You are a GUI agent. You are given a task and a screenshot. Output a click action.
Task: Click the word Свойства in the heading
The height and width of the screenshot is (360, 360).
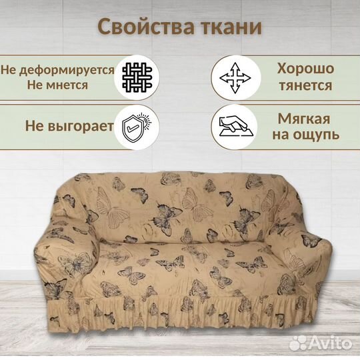point(137,27)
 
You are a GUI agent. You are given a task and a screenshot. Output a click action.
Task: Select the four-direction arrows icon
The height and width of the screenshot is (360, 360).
point(234,79)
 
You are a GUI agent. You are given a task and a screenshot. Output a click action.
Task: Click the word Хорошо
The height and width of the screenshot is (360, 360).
point(307,69)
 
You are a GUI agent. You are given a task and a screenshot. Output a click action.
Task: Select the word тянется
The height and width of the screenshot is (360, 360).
point(307,86)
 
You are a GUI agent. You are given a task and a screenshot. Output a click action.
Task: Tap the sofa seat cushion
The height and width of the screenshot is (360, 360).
point(187,257)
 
